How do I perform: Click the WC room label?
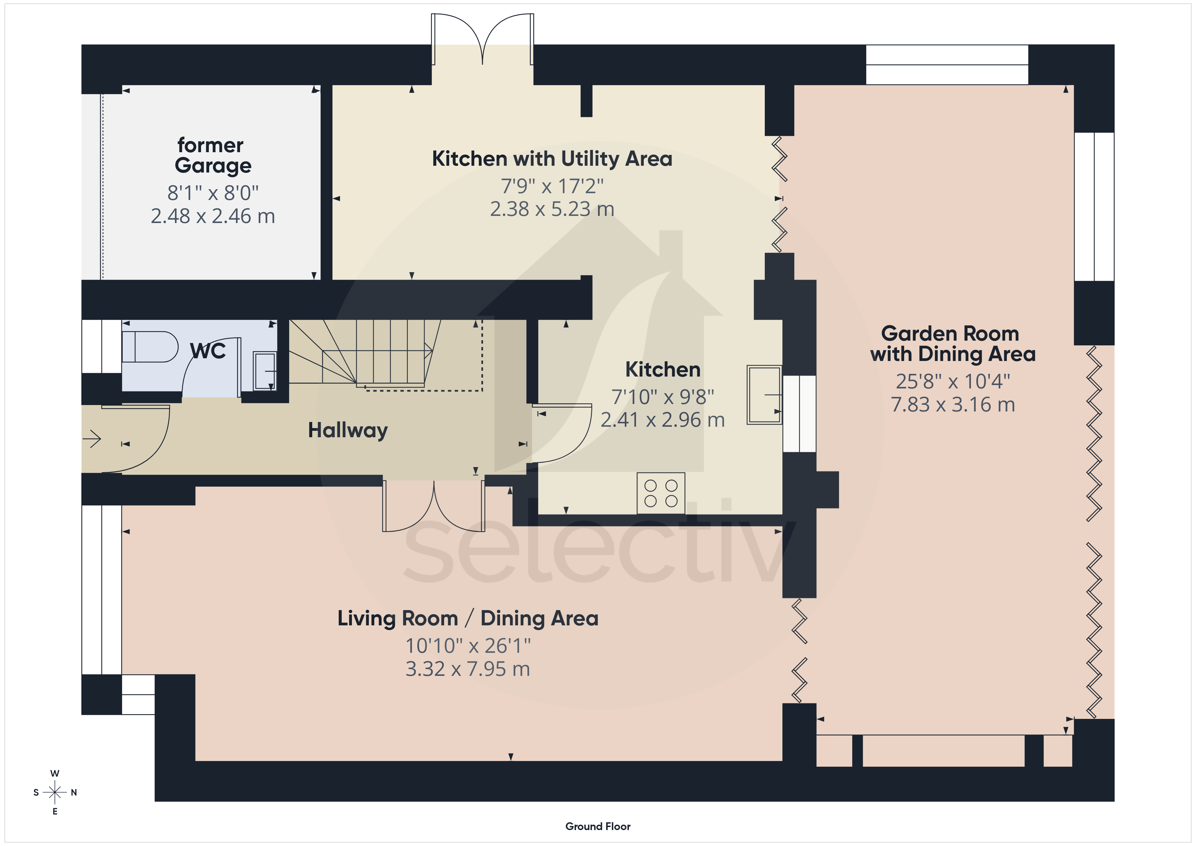point(208,351)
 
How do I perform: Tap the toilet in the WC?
point(150,346)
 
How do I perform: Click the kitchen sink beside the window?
point(764,395)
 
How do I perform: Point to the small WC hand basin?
point(265,371)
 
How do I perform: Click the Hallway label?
point(348,431)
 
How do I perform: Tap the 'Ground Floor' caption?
point(598,826)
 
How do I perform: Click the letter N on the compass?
point(74,792)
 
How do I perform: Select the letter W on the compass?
point(55,773)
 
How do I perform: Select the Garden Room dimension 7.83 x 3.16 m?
point(953,405)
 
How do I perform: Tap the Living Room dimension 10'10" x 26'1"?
point(468,646)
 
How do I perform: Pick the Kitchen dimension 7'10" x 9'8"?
point(663,397)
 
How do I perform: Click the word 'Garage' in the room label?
point(213,166)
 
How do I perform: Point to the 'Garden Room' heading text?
point(950,334)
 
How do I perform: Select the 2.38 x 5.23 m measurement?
point(552,209)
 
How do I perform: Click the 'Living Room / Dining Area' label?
point(468,618)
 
